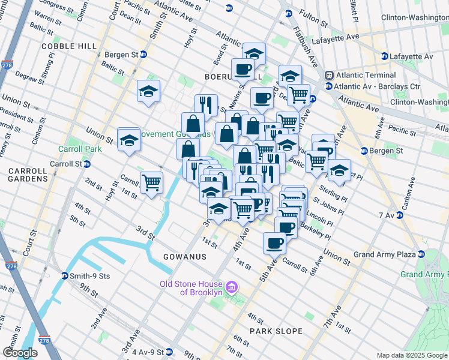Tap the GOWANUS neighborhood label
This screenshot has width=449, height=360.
pyautogui.click(x=184, y=257)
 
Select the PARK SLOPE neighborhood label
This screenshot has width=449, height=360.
pyautogui.click(x=277, y=331)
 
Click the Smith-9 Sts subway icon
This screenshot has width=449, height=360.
pyautogui.click(x=64, y=276)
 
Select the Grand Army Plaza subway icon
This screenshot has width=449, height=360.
pyautogui.click(x=421, y=254)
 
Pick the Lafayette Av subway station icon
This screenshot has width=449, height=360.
pyautogui.click(x=384, y=56)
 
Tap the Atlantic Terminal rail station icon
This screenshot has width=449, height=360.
pyautogui.click(x=329, y=76)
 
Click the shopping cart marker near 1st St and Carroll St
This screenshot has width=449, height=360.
pyautogui.click(x=151, y=182)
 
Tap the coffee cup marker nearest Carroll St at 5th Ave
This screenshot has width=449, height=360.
pyautogui.click(x=275, y=243)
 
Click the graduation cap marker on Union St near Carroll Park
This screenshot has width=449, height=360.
pyautogui.click(x=128, y=140)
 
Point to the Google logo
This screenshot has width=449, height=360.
pyautogui.click(x=20, y=353)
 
